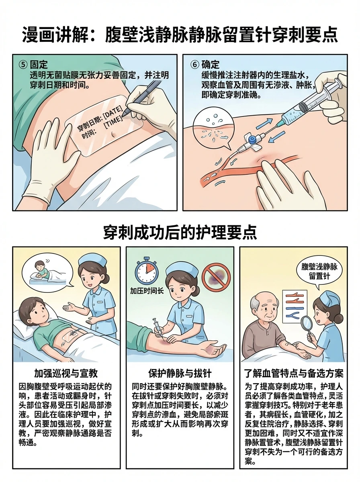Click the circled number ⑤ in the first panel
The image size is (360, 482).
pyautogui.click(x=23, y=65)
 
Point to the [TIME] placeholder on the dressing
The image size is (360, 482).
pyautogui.click(x=113, y=123)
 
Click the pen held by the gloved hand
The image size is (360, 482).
pyautogui.click(x=141, y=97)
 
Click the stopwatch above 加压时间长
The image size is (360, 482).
pyautogui.click(x=147, y=271)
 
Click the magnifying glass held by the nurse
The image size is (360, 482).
pyautogui.click(x=307, y=330)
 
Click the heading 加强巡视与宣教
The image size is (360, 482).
pyautogui.click(x=66, y=373)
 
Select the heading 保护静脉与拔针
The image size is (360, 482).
pyautogui.click(x=180, y=373)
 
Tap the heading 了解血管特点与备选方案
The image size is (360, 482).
pyautogui.click(x=294, y=373)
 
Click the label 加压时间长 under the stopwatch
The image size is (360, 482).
pyautogui.click(x=147, y=291)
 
